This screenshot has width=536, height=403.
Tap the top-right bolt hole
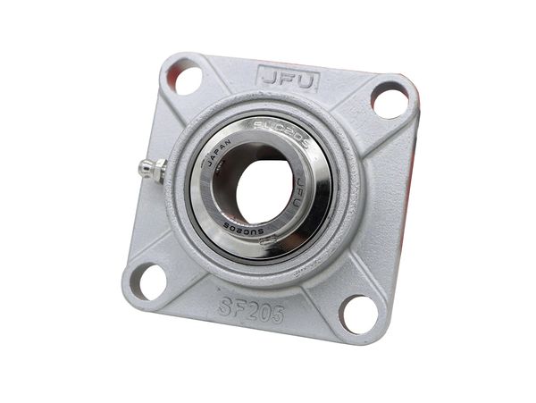coord(389,99)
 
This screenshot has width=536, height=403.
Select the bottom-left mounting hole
coord(147,281)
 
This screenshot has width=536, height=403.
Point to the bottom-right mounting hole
coord(359,314)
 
